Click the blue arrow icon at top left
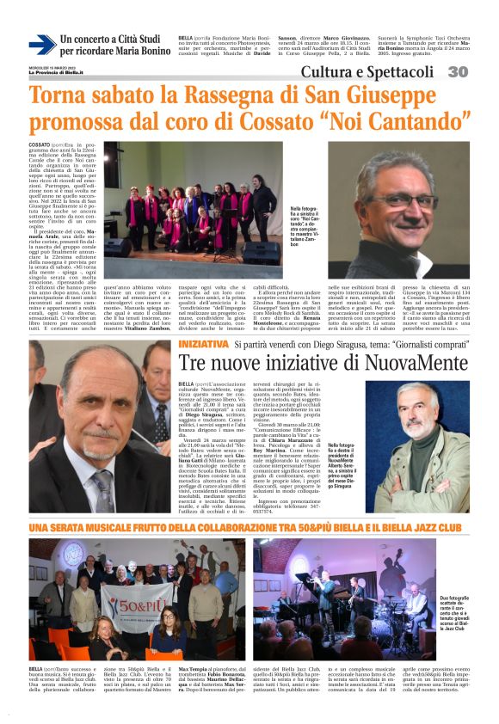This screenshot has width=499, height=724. [42, 45]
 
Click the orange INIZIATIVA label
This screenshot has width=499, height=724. [203, 344]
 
